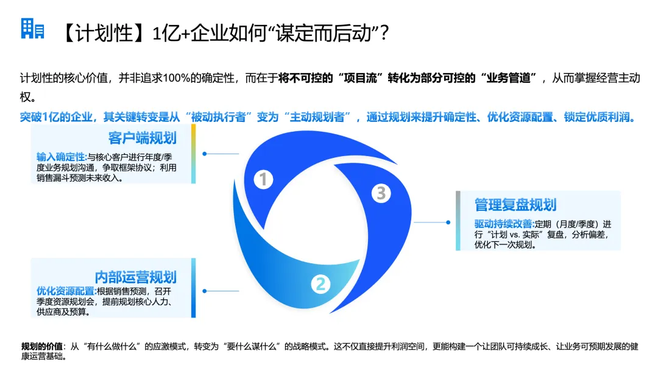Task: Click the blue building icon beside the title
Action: [x=32, y=29]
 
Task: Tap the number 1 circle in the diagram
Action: [x=263, y=179]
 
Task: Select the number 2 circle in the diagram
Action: [x=321, y=283]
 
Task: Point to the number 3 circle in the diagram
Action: [x=381, y=193]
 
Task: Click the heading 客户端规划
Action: [x=142, y=137]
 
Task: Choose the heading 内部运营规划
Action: [x=135, y=277]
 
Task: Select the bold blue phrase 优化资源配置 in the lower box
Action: [x=65, y=291]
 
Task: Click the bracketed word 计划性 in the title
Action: [x=105, y=34]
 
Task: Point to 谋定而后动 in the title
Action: [x=326, y=34]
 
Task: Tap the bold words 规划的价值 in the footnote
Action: [x=42, y=346]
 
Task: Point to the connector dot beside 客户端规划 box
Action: [x=204, y=154]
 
